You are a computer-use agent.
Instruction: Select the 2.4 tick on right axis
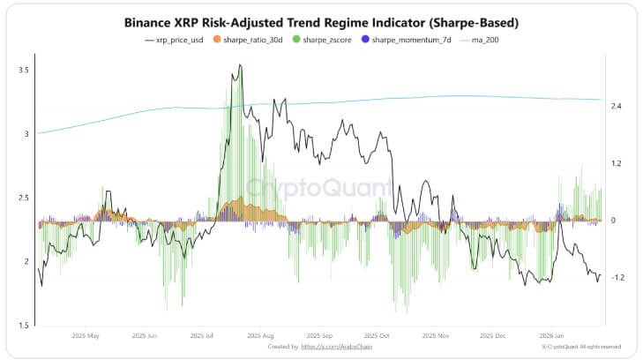pyautogui.click(x=617, y=107)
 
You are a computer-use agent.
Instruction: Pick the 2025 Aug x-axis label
pyautogui.click(x=262, y=336)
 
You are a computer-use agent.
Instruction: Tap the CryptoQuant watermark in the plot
pyautogui.click(x=319, y=188)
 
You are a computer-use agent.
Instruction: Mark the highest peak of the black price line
pyautogui.click(x=241, y=64)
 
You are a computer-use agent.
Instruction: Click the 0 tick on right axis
pyautogui.click(x=613, y=221)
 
